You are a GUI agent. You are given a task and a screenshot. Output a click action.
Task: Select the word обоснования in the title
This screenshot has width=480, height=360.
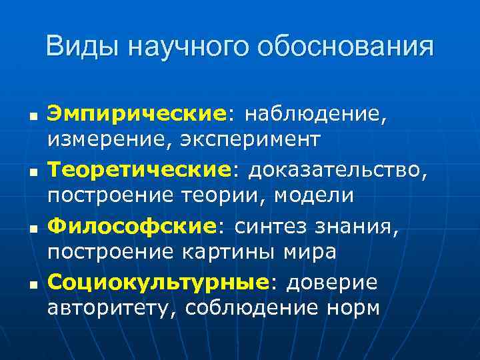click(x=347, y=47)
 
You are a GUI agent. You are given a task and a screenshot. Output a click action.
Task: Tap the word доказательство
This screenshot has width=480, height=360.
click(x=335, y=171)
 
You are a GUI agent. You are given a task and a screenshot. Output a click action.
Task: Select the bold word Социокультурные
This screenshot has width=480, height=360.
click(x=157, y=282)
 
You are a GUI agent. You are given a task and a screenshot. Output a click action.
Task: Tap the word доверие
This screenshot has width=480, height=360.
click(x=331, y=282)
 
